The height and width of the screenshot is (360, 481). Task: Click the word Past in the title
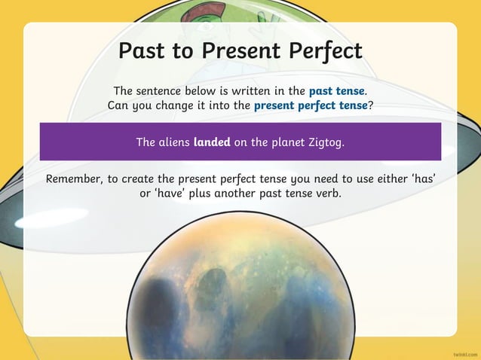click(143, 51)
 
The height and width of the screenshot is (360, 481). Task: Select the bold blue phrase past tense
click(337, 92)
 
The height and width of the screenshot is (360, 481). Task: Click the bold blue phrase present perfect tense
click(311, 105)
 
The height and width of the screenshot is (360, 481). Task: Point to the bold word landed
click(212, 141)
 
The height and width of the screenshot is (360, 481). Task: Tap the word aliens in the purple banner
click(173, 141)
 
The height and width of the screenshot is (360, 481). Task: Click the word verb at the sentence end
click(327, 194)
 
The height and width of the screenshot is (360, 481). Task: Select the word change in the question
click(175, 105)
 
